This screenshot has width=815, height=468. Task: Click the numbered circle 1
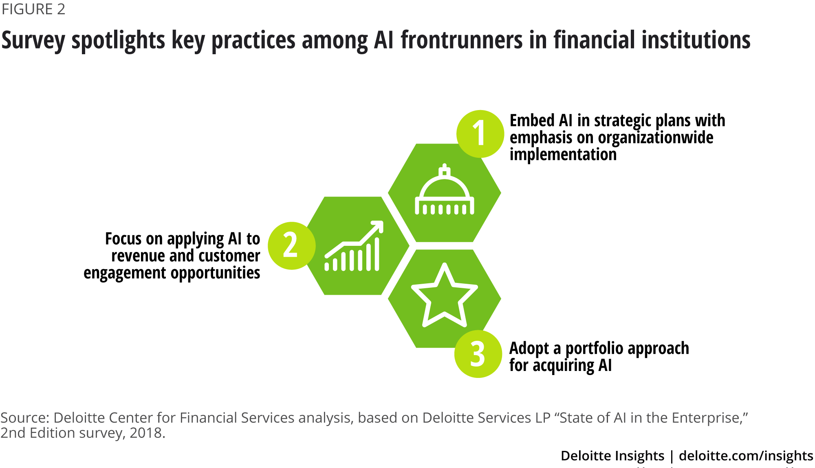point(480,134)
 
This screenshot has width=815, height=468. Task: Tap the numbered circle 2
point(292,245)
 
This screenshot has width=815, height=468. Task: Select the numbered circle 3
point(478,354)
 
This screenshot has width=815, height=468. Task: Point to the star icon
point(444,295)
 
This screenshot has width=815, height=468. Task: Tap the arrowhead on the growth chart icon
point(377,227)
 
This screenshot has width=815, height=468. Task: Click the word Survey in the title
point(33,41)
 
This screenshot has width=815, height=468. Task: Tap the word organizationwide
point(656,138)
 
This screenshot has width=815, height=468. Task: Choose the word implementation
point(563,155)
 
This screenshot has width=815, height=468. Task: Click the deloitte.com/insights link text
point(746,456)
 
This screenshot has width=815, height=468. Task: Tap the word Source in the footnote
point(25,418)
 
